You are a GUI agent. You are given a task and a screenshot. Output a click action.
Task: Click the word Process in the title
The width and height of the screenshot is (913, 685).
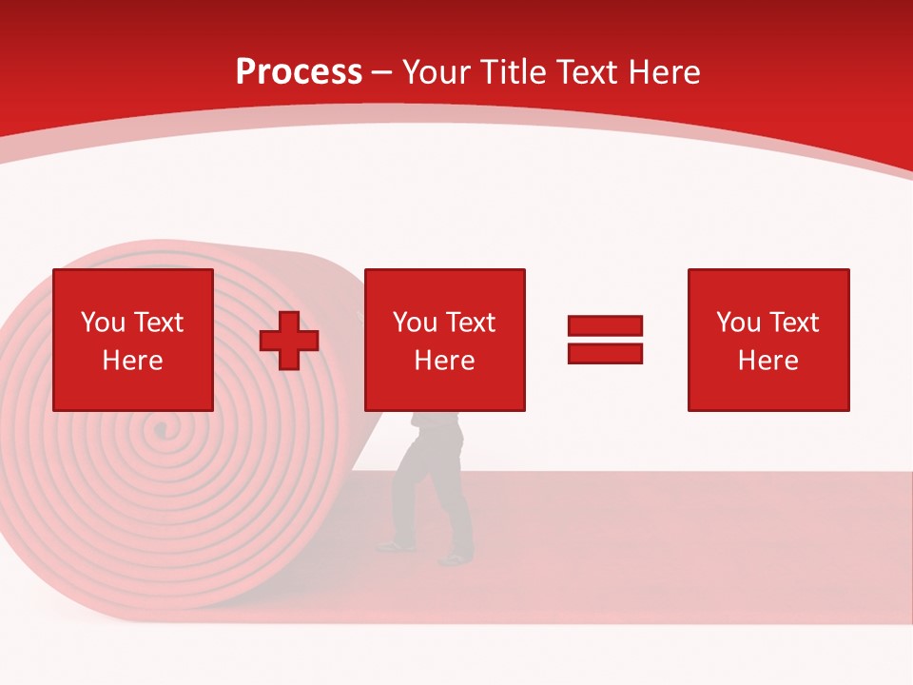299,72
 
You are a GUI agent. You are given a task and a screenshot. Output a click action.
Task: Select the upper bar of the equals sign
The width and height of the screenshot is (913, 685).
605,325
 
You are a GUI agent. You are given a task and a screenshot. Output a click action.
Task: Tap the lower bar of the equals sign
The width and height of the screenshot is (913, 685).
605,354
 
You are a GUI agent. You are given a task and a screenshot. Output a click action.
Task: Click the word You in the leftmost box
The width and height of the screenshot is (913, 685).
103,323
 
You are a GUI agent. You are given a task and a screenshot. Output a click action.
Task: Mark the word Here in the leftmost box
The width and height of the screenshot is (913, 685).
133,361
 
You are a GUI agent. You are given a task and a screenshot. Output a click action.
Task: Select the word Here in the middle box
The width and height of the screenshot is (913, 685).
445,361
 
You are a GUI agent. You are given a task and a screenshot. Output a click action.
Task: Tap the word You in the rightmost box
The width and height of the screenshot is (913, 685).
738,323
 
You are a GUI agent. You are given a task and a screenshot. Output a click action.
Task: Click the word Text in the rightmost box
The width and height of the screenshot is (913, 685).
794,323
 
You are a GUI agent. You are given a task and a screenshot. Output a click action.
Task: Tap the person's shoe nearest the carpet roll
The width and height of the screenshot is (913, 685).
395,546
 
